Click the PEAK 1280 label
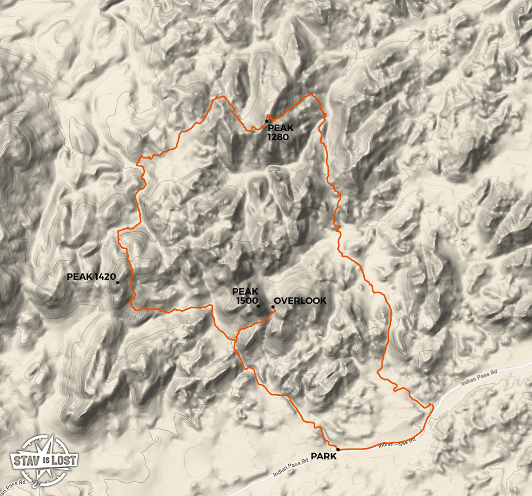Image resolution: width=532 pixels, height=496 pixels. point(281,132)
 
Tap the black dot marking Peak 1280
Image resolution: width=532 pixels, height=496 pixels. point(266,121)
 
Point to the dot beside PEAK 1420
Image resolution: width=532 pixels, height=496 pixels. point(117,282)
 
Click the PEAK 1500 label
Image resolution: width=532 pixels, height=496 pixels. point(245,296)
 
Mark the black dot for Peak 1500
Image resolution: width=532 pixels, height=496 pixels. point(258,305)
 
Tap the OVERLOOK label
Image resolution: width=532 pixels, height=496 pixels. point(300,301)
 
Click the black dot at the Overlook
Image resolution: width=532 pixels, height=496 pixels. point(273,307)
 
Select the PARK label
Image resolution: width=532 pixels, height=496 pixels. point(324,456)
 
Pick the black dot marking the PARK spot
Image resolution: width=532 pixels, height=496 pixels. point(338,450)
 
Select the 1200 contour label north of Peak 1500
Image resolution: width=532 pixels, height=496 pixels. point(228,260)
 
